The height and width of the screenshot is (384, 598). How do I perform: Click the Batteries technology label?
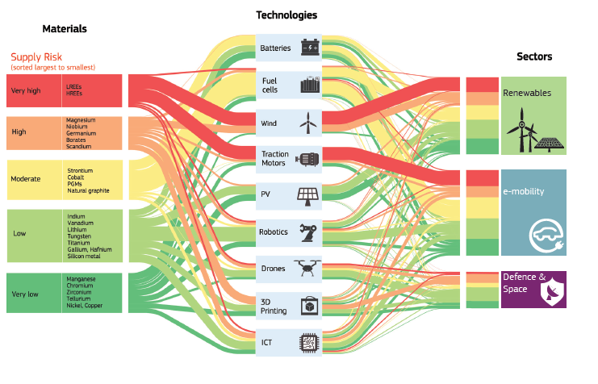275,48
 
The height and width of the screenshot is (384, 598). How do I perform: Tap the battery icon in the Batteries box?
310,48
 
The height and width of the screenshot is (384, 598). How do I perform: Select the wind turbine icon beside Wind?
307,123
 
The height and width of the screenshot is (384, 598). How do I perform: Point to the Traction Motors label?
274,159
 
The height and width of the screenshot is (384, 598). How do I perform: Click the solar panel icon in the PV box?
307,197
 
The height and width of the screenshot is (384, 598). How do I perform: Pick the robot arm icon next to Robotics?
308,232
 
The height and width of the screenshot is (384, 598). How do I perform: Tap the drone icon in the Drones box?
307,268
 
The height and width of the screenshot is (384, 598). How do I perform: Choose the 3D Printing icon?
310,307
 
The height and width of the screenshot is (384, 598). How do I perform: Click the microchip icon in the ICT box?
309,343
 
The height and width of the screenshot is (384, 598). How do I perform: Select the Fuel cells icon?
310,84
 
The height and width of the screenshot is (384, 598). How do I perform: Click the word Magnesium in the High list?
81,120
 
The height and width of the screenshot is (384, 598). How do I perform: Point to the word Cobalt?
76,177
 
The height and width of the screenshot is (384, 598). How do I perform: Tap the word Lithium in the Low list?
77,230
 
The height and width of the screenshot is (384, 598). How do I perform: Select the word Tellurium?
78,298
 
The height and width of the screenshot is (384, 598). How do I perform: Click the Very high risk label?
26,91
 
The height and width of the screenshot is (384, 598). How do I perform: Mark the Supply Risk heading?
36,56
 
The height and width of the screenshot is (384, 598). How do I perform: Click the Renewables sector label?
527,93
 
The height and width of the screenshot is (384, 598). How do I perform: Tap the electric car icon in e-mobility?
546,236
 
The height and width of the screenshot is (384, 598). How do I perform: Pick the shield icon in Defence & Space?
553,292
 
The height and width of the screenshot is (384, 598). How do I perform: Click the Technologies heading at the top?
286,15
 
